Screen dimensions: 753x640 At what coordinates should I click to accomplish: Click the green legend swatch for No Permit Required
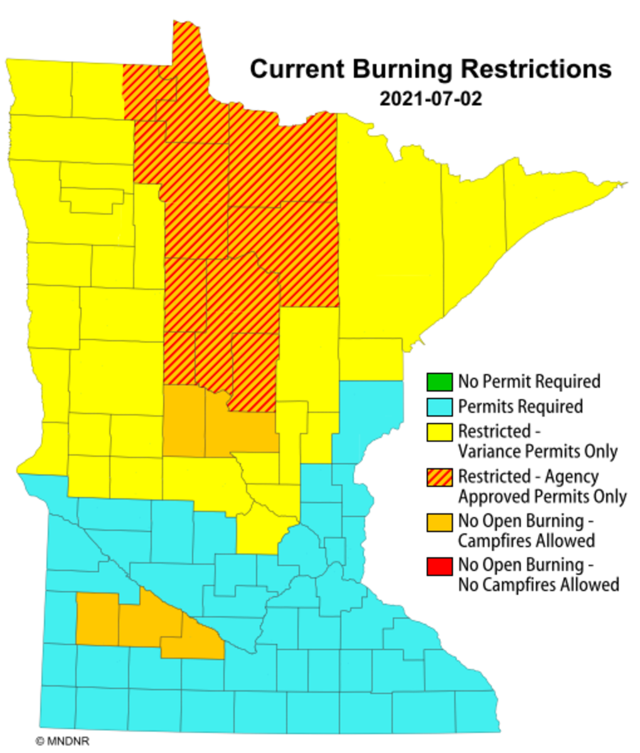pos(439,381)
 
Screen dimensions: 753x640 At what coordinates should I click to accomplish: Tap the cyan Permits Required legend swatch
pos(439,406)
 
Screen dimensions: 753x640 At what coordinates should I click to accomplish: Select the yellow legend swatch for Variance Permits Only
pos(439,432)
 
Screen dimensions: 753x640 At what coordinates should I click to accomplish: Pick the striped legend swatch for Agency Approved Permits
pos(439,477)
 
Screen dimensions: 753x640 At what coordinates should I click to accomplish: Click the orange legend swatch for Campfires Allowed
pos(439,521)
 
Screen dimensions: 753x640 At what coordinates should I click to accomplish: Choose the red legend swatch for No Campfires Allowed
pos(439,565)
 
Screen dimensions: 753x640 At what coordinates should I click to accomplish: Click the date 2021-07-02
pos(430,99)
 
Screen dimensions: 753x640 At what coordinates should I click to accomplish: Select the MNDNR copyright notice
pos(63,741)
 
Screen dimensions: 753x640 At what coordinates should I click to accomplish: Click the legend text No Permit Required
pos(529,381)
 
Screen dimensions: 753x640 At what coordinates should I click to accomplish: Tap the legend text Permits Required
pos(520,407)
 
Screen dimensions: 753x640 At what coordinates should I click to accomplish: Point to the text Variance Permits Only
pos(538,451)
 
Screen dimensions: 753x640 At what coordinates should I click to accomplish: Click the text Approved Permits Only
pos(542,496)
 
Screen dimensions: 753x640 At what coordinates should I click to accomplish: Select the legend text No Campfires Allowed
pos(538,585)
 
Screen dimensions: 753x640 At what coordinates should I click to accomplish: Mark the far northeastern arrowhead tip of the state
pos(624,184)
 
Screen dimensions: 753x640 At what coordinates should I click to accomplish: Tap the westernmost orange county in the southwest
pos(97,619)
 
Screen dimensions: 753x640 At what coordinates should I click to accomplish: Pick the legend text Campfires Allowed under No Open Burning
pos(526,540)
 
